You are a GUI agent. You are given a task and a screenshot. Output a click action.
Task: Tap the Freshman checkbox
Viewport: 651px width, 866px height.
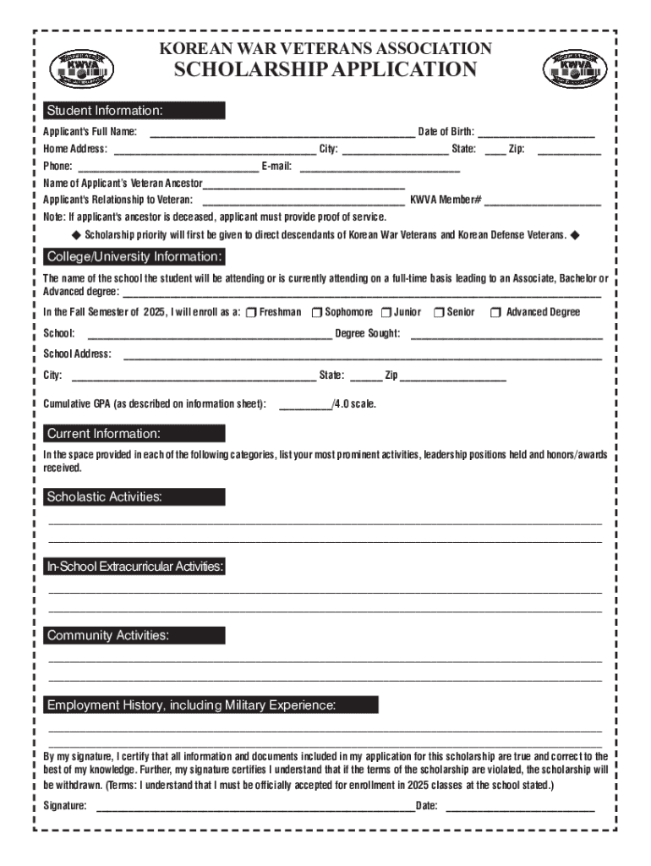pyautogui.click(x=252, y=313)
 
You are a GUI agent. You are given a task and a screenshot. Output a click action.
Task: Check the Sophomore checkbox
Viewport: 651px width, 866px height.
pyautogui.click(x=317, y=313)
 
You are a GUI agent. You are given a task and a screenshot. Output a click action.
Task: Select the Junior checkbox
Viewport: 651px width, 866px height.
pyautogui.click(x=386, y=313)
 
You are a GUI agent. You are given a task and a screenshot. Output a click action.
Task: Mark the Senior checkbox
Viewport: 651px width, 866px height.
pyautogui.click(x=439, y=313)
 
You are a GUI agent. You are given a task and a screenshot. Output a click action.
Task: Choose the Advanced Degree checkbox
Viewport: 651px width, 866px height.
pyautogui.click(x=496, y=313)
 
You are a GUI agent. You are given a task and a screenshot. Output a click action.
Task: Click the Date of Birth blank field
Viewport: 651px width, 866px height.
pyautogui.click(x=537, y=134)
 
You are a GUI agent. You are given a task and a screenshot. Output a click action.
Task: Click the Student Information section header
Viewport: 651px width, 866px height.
pyautogui.click(x=134, y=111)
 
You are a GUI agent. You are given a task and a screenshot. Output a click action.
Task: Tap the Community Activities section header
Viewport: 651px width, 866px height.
pyautogui.click(x=134, y=635)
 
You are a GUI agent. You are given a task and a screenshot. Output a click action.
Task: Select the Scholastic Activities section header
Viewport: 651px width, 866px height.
pyautogui.click(x=134, y=496)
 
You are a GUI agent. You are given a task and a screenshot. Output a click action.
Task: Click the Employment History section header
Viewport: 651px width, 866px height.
pyautogui.click(x=211, y=704)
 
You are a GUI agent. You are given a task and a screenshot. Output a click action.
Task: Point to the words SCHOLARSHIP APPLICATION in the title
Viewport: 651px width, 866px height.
pyautogui.click(x=325, y=70)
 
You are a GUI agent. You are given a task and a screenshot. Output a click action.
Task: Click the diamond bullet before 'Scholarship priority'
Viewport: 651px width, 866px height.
pyautogui.click(x=74, y=234)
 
